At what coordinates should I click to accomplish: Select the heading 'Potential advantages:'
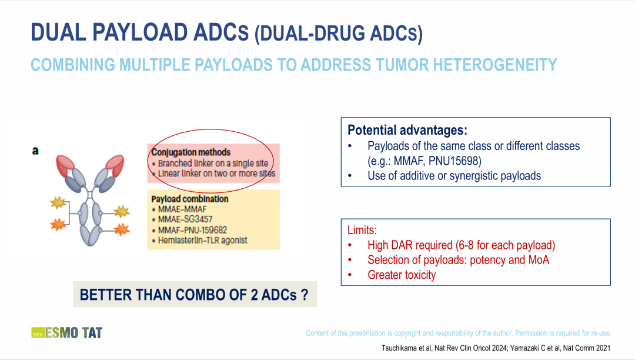[x=407, y=130]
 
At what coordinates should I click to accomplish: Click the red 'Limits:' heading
[x=362, y=230]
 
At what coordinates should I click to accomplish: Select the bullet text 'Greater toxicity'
[x=402, y=275]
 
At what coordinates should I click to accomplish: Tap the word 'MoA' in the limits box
[x=539, y=259]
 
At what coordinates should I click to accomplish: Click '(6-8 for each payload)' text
[x=506, y=245]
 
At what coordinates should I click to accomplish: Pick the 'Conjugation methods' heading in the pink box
[x=190, y=152]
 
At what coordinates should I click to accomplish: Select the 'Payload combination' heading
[x=190, y=199]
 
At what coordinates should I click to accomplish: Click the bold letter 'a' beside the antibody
[x=35, y=151]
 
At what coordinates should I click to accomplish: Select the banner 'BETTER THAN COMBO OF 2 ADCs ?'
[x=195, y=294]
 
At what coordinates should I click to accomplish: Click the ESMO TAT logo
[x=67, y=332]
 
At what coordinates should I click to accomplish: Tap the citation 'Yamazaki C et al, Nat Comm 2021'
[x=560, y=348]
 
